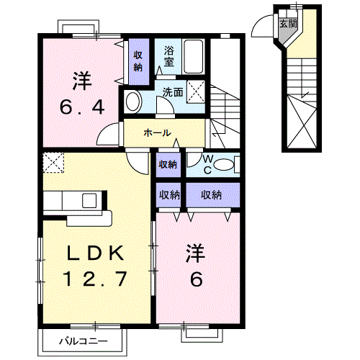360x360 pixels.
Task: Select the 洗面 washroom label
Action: click(x=172, y=92)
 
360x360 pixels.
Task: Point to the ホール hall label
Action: click(x=157, y=133)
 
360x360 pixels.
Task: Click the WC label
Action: click(x=207, y=164)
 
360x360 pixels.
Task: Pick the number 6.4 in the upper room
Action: click(x=81, y=107)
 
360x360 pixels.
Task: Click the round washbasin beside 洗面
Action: click(x=132, y=102)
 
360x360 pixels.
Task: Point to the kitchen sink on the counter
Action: click(x=90, y=201)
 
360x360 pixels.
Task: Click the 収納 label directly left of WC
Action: click(x=168, y=165)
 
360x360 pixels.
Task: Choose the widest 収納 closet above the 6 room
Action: click(x=211, y=194)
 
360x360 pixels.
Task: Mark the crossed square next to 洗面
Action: click(x=196, y=91)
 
